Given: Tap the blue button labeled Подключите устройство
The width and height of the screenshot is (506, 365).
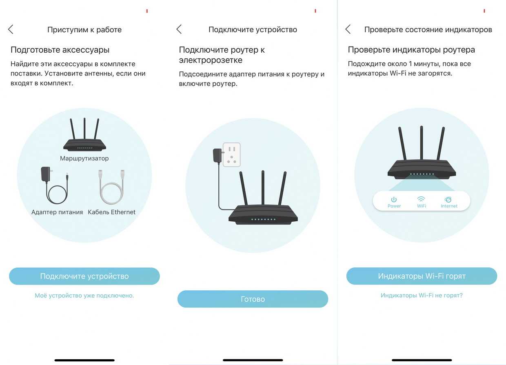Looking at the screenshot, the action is (84, 276).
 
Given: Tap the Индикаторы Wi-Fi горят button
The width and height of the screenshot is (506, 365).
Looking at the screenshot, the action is (422, 276).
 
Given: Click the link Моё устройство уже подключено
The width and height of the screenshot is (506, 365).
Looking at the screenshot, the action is (84, 296).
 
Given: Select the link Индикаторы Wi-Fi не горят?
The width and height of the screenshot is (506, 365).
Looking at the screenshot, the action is (422, 295).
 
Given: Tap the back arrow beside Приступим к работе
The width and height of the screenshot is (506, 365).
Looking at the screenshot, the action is (11, 29).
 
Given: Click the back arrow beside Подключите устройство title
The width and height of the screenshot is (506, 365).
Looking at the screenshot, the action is (179, 29).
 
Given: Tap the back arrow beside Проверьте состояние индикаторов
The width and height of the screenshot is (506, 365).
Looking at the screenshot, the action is (348, 29).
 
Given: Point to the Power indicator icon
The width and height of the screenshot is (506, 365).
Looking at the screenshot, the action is (394, 199).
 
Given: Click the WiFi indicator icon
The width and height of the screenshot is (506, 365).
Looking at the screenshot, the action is (421, 199).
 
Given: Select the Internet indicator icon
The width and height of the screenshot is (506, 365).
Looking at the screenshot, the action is (448, 199).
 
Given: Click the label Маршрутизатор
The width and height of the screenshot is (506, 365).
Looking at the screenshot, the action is (84, 158).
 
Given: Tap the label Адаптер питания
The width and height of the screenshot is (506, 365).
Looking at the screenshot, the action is (57, 212).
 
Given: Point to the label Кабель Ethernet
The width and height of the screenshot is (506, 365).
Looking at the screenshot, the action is (111, 212).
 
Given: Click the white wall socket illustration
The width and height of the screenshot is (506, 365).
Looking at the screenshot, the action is (231, 155).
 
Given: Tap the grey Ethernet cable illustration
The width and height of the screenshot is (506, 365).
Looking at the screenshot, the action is (111, 187).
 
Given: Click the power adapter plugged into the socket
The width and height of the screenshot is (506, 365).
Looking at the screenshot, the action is (217, 155).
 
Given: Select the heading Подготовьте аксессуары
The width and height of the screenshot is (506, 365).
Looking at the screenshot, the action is (60, 50).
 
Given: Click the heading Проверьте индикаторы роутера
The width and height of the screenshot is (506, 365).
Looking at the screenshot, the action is (411, 50).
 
